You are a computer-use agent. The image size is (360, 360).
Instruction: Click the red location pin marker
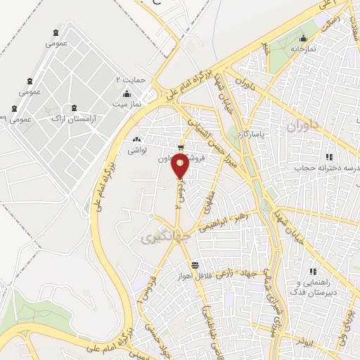coord(181,166)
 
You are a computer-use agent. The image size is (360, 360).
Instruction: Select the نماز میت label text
coord(129,104)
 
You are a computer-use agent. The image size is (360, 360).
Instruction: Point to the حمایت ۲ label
coord(130,79)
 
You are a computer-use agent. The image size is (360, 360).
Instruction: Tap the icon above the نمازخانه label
coord(303,38)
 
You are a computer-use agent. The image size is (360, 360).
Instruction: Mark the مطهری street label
coord(208,201)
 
